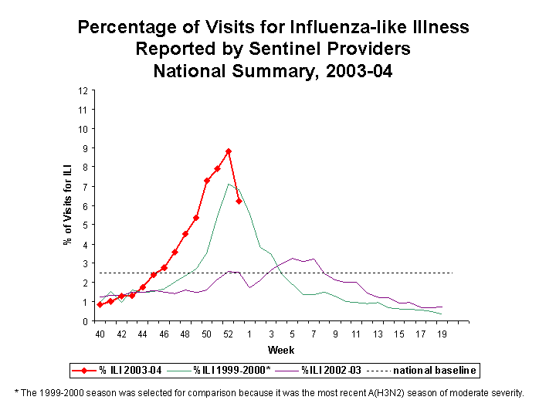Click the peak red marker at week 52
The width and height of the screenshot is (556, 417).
pyautogui.click(x=229, y=151)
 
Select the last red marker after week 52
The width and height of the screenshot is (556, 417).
pyautogui.click(x=239, y=201)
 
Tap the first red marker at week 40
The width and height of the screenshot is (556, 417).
pyautogui.click(x=100, y=305)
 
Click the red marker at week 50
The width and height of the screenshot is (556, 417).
pyautogui.click(x=207, y=181)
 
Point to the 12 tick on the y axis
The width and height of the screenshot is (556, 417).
pyautogui.click(x=82, y=90)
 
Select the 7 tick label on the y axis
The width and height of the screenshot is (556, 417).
pyautogui.click(x=83, y=186)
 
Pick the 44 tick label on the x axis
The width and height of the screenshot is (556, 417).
pyautogui.click(x=143, y=334)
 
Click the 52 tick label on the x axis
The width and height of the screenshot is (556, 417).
pyautogui.click(x=229, y=334)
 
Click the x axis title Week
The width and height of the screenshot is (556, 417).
pyautogui.click(x=276, y=351)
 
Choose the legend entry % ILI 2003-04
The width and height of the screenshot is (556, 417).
pyautogui.click(x=128, y=371)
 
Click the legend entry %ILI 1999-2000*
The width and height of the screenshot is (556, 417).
pyautogui.click(x=232, y=371)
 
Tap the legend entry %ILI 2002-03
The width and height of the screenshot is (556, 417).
pyautogui.click(x=332, y=371)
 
